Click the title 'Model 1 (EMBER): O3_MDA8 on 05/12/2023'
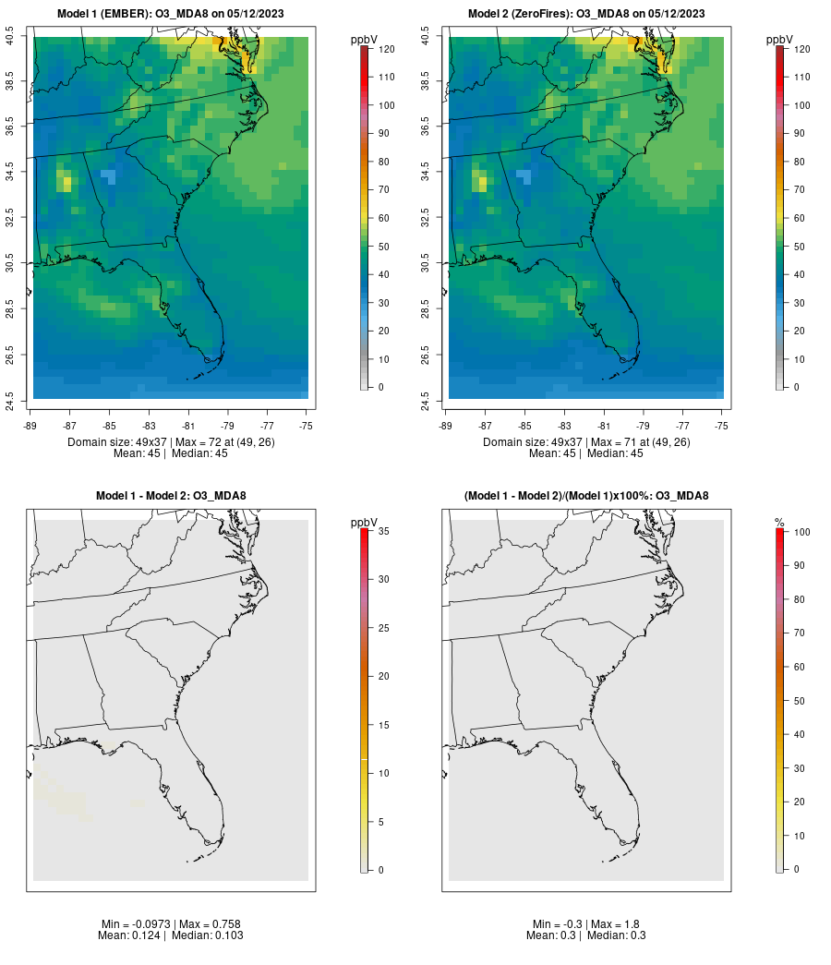click(171, 14)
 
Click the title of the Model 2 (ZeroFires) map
click(586, 14)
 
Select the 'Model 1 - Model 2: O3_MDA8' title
click(171, 496)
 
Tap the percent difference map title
click(586, 496)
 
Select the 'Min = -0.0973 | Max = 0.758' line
click(171, 923)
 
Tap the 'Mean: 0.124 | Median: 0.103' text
click(171, 935)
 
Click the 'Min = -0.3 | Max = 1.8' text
click(586, 923)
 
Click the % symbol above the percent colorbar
click(779, 523)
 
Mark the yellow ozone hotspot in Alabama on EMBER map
click(66, 180)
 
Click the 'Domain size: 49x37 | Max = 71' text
click(586, 442)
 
